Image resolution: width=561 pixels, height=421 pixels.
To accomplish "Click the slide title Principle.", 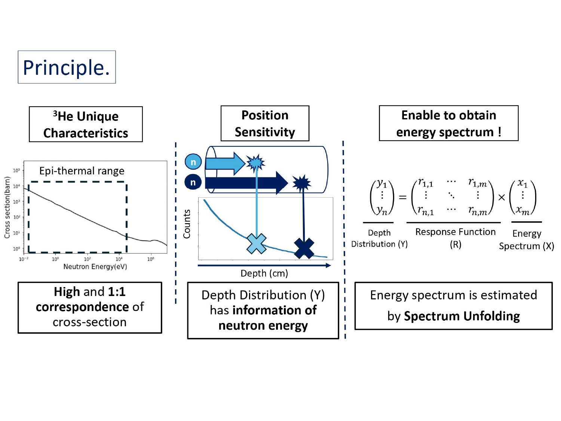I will pos(67,67).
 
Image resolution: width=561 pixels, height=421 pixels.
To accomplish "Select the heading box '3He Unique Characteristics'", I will pos(86,125).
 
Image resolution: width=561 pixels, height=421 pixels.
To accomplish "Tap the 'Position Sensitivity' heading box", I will pos(265,123).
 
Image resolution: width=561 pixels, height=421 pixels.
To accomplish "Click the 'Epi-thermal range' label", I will pos(82,171).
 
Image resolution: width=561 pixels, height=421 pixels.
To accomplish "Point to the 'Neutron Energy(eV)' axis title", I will pos(95,266).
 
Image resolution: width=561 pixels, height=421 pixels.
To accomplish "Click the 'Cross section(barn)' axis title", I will pos(7,207).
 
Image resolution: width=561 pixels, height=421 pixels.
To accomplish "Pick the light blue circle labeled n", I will pos(193,162).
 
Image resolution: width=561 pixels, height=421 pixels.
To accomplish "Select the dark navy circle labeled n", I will pos(193,182).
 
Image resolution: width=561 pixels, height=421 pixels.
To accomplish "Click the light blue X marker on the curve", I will pos(257,244).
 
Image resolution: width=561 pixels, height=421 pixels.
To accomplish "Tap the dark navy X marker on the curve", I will pos(304,248).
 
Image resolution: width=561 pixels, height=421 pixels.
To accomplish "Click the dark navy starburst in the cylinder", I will pos(301,183).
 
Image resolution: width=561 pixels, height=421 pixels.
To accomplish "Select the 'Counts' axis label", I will pos(187,224).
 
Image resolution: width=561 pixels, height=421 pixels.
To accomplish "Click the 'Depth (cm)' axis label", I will pos(264,273).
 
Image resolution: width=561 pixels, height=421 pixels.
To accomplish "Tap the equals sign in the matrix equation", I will pos(402,197).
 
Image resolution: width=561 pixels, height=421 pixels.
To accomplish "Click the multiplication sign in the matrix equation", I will pos(502,197).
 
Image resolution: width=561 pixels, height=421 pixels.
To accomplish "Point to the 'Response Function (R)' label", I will pos(455,238).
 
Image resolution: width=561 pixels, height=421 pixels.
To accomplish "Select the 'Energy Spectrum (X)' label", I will pos(527,240).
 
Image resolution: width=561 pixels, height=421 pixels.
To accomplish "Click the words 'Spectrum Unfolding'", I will pos(462,316).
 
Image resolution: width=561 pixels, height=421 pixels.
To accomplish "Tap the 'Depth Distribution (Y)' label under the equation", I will pos(379,238).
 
